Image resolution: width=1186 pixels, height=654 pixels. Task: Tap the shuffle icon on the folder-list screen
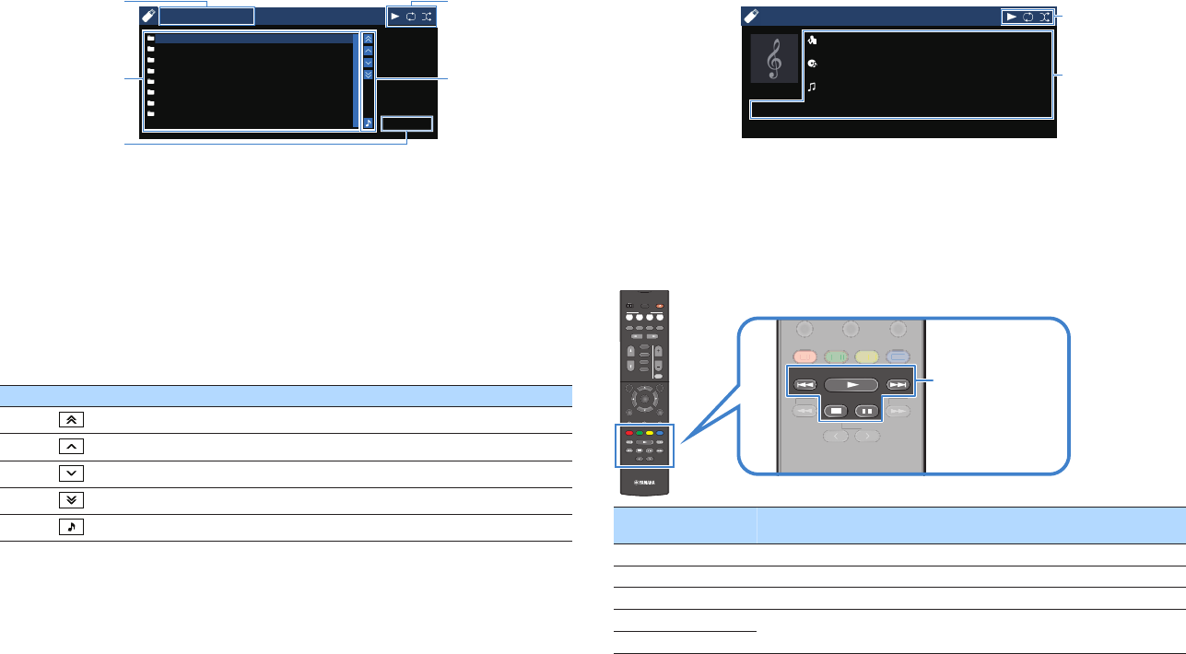coord(427,17)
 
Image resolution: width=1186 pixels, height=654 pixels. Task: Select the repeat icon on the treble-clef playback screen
coord(1027,17)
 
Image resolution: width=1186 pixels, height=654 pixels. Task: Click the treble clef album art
coord(774,59)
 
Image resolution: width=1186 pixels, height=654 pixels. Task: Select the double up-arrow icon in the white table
coord(71,418)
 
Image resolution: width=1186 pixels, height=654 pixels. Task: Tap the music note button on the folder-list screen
coord(368,122)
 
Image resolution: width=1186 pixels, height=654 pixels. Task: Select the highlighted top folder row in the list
coord(251,40)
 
